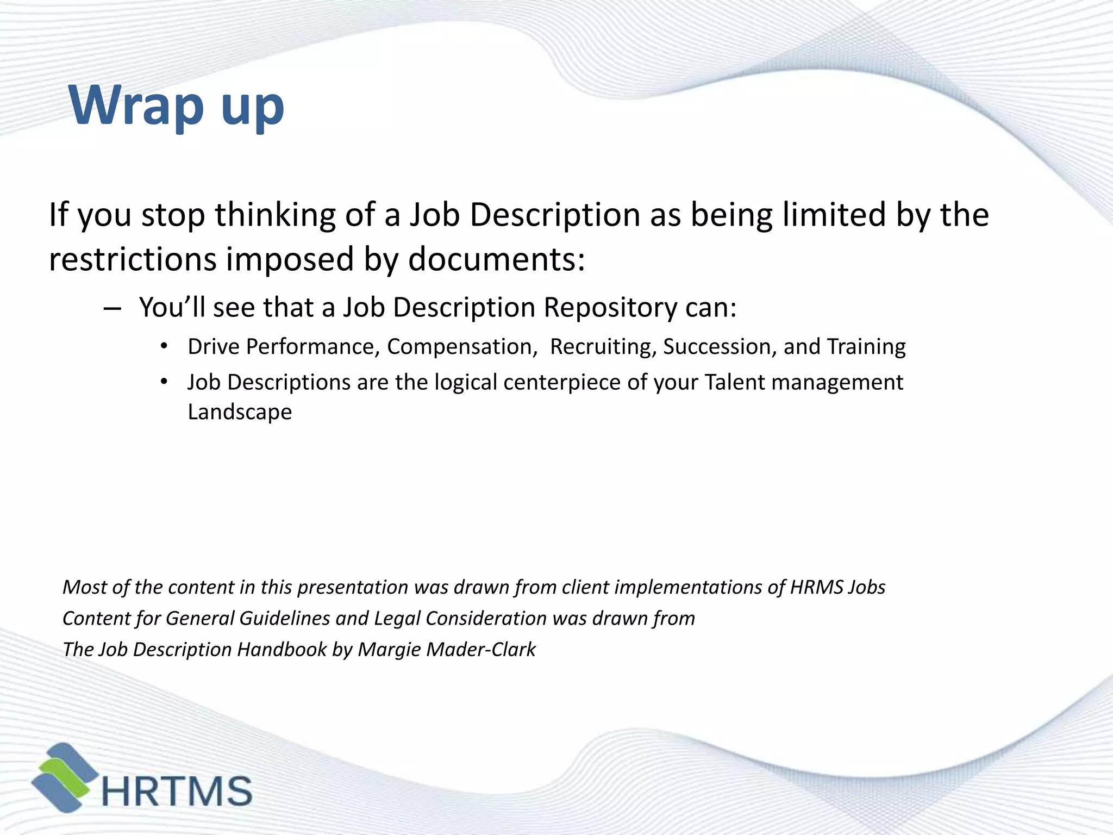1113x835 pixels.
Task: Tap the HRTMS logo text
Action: [177, 791]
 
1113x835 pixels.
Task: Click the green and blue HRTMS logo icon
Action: [64, 777]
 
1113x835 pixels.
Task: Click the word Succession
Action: [720, 347]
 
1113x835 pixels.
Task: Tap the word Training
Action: [866, 347]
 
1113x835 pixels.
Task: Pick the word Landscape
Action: [240, 412]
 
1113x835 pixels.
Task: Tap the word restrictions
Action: [133, 259]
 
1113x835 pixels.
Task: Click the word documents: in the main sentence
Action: [496, 259]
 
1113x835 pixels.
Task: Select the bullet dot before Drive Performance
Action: [164, 346]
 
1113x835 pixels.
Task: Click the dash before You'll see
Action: [111, 309]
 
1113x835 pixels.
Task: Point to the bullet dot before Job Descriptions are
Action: [164, 382]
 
